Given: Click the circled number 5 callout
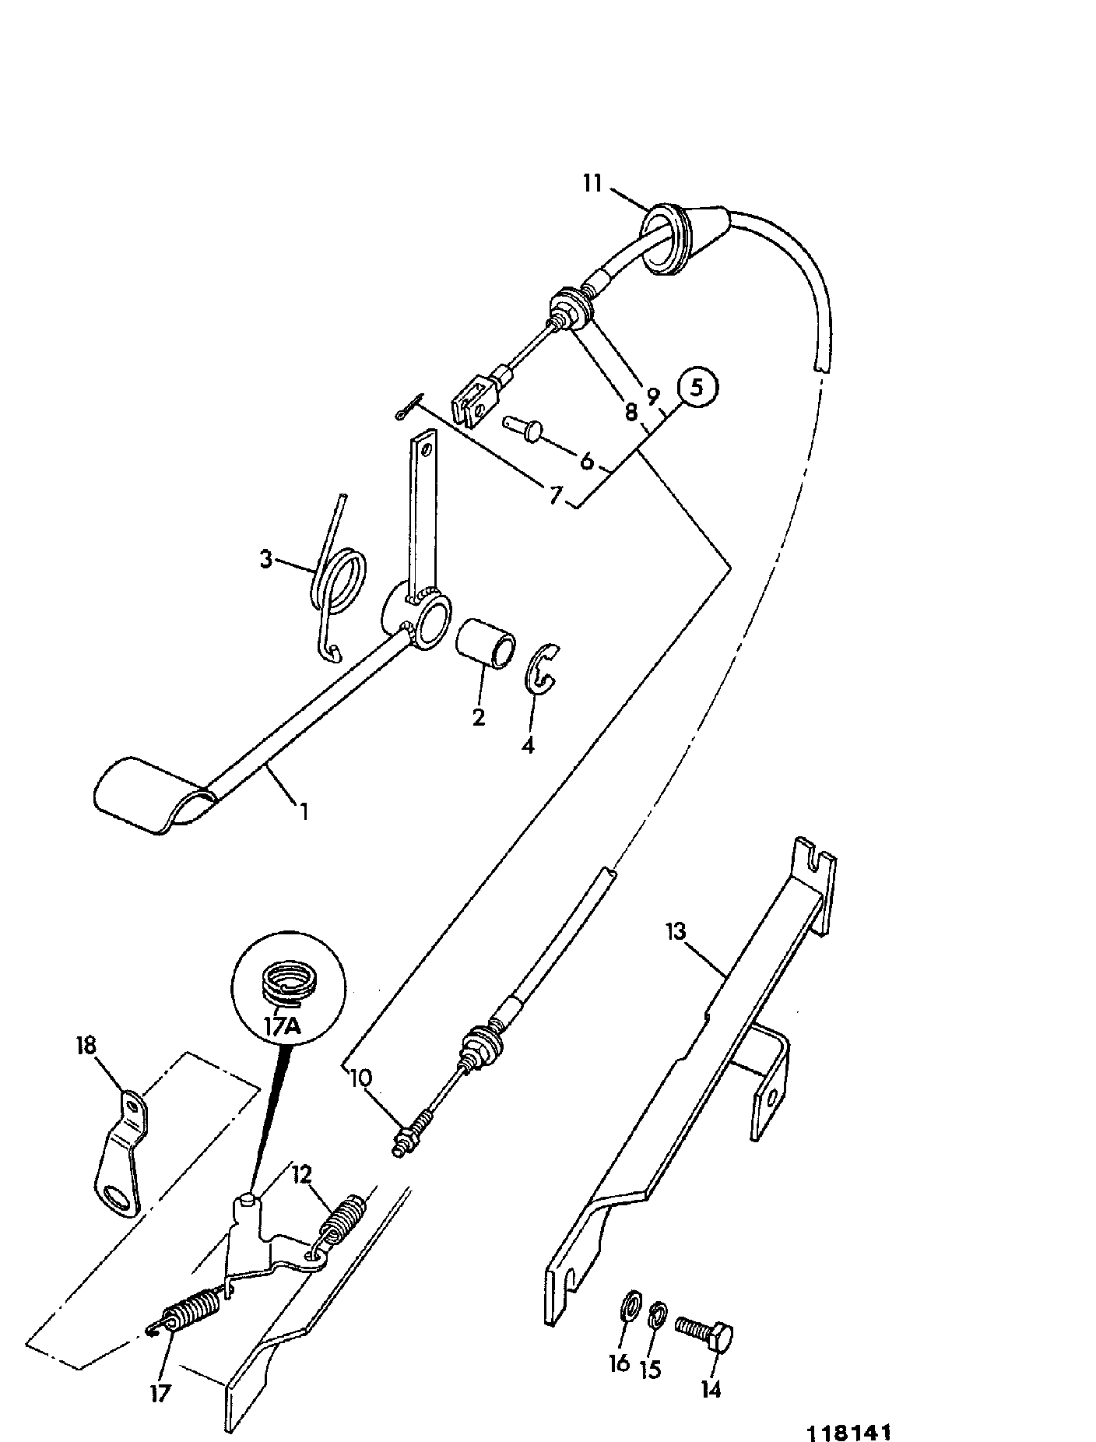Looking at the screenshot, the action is [696, 387].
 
